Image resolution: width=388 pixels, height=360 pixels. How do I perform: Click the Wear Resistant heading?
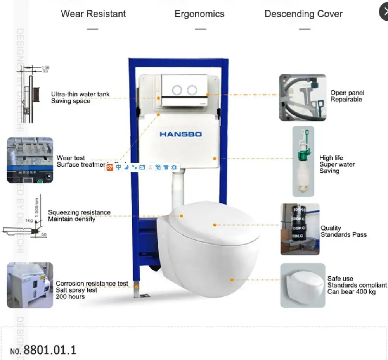coord(94,14)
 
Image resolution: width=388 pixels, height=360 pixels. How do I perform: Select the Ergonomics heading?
coord(199,14)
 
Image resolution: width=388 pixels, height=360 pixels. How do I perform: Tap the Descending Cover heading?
coord(303,14)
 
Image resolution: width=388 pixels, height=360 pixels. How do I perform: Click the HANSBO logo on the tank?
coord(180,134)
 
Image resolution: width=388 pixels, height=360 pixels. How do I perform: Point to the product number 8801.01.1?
coord(50,350)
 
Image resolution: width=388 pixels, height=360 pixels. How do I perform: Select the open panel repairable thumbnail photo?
coord(303,98)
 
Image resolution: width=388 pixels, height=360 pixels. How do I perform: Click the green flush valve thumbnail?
coord(303,161)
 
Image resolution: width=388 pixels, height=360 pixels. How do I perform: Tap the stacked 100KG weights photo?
coord(300,229)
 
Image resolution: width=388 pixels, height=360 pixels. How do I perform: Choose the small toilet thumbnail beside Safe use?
coord(303,285)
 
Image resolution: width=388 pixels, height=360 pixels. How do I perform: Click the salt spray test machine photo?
coord(30,285)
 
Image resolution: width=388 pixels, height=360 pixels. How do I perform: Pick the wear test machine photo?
coord(30,160)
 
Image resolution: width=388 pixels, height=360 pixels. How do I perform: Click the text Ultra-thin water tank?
coord(80,94)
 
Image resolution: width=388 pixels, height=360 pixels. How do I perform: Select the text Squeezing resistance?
coord(79,212)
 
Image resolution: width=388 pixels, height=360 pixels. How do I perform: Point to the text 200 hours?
coord(70,296)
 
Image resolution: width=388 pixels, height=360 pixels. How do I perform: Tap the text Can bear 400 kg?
coord(352,291)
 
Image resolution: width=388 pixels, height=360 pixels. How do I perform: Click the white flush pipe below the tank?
coord(178,190)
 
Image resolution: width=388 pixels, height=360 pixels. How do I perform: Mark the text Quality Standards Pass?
coord(343,231)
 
